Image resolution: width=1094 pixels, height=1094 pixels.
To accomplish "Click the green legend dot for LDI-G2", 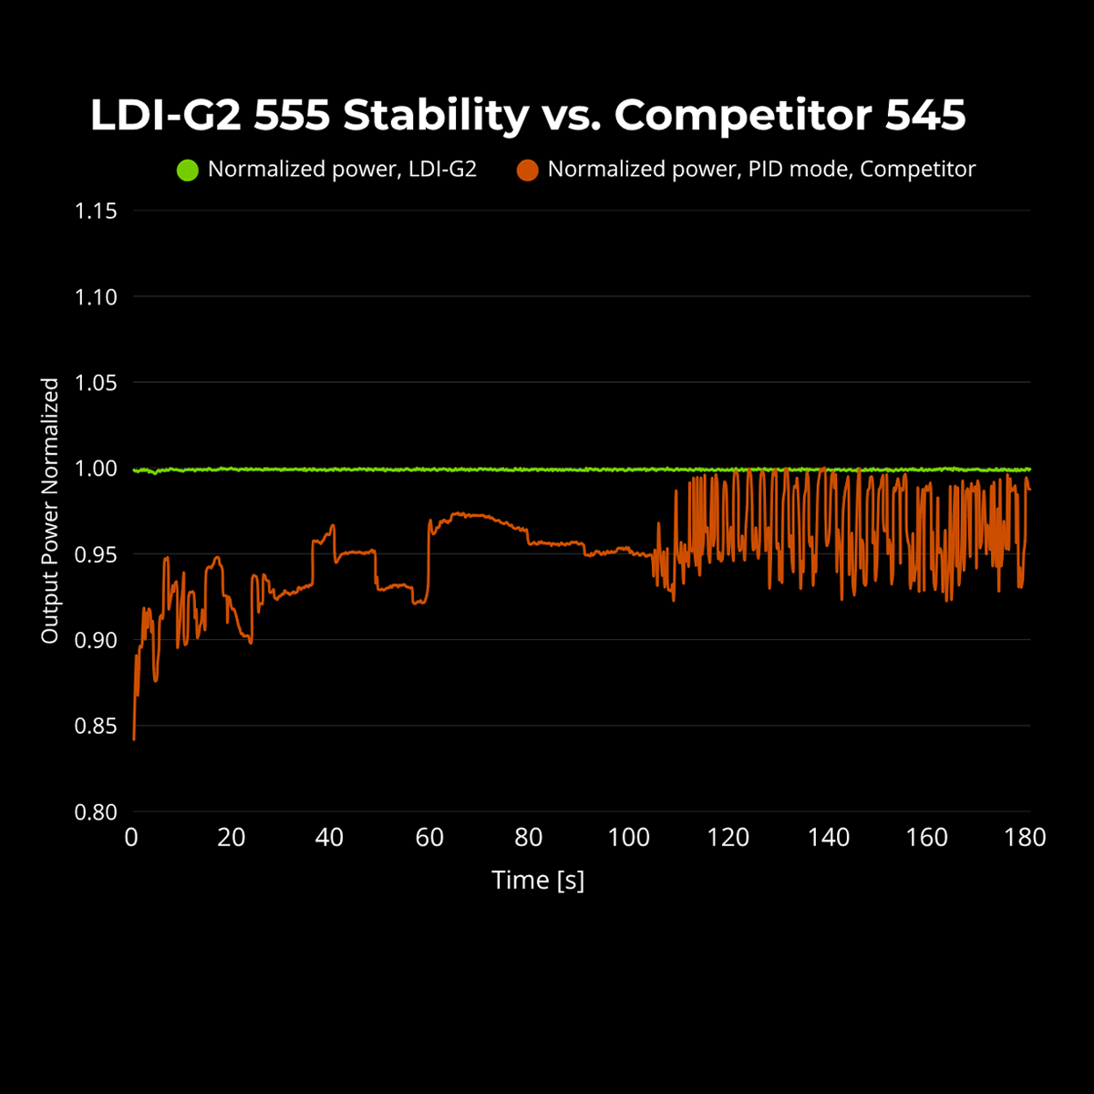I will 187,170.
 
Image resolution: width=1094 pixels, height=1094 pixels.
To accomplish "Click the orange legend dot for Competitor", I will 527,170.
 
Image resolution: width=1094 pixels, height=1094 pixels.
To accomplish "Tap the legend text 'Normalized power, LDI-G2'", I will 342,170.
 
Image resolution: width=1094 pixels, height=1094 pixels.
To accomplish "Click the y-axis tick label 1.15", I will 96,212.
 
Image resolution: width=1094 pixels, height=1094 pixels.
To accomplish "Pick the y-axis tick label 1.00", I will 96,469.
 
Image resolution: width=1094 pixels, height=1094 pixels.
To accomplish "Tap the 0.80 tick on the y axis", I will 96,812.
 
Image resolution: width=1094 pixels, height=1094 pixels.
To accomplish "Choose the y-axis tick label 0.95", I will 96,554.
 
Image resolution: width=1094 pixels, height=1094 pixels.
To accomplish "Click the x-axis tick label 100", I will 628,838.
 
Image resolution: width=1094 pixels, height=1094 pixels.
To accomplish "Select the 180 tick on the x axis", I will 1025,838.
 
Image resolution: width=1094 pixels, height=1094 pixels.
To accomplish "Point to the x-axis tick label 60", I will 429,838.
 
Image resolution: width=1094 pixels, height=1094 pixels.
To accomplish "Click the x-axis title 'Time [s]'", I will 538,880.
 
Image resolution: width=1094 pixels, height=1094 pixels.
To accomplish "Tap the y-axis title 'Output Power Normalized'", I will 50,511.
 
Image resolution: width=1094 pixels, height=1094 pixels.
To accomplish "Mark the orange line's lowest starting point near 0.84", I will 134,738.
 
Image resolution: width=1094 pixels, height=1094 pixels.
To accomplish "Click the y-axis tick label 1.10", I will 96,297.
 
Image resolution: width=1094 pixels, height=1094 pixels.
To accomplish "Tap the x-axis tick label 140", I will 828,838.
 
